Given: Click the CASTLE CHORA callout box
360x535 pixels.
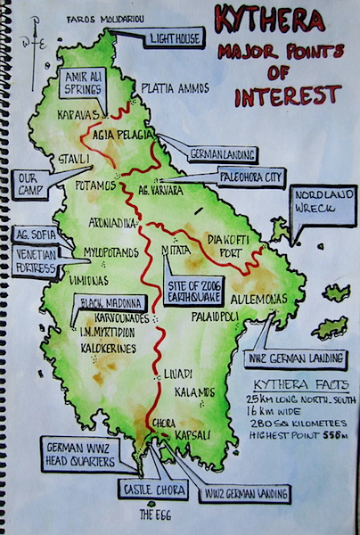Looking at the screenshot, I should (151, 489).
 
